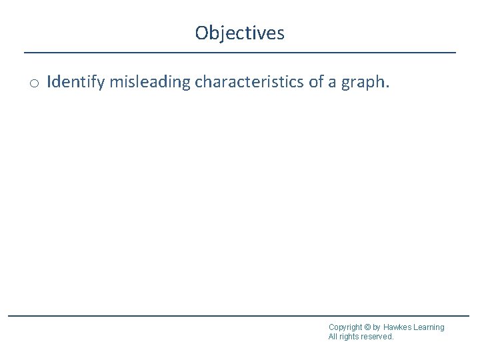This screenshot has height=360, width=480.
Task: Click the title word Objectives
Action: tap(240, 33)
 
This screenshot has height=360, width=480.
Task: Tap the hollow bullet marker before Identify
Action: tap(34, 83)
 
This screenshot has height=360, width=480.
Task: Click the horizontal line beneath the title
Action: tap(240, 52)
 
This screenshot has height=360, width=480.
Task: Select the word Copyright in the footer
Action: tap(346, 327)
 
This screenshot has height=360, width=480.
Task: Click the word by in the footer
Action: tap(377, 327)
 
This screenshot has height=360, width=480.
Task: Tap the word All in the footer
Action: tap(333, 337)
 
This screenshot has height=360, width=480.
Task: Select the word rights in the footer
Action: tap(350, 337)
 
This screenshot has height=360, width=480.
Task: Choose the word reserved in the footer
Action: tap(377, 337)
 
